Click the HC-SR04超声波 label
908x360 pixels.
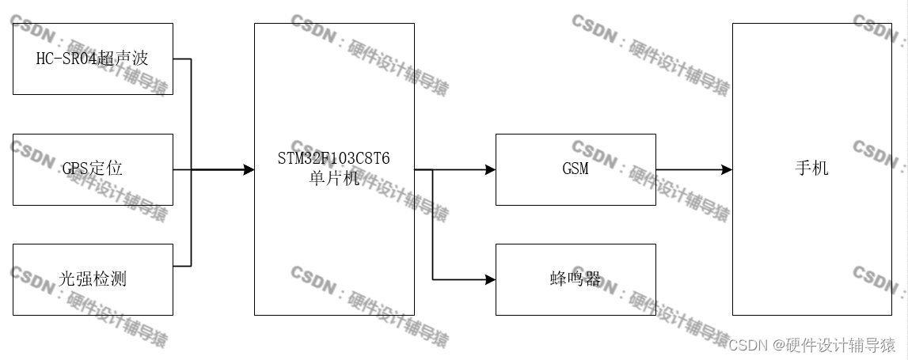[x=93, y=59]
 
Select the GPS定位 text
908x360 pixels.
[x=93, y=169]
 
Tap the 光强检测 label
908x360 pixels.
[x=93, y=279]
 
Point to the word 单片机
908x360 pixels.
[x=333, y=178]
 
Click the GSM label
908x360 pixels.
[x=575, y=169]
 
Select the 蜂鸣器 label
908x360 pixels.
[x=575, y=279]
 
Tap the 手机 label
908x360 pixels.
[x=811, y=169]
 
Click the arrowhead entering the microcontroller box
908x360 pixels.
[x=249, y=169]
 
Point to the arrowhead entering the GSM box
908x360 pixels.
[x=490, y=169]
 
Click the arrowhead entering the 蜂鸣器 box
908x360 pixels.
[x=490, y=279]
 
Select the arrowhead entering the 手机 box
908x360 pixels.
[x=726, y=169]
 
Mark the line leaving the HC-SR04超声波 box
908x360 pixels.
[x=182, y=59]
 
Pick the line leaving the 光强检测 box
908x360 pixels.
[x=182, y=265]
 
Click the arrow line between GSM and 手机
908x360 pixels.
[x=689, y=169]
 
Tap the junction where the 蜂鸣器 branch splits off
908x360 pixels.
[x=432, y=169]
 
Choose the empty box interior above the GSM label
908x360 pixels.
[x=575, y=149]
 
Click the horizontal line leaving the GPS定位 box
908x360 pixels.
[x=182, y=169]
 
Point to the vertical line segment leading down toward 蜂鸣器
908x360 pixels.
[x=432, y=225]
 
